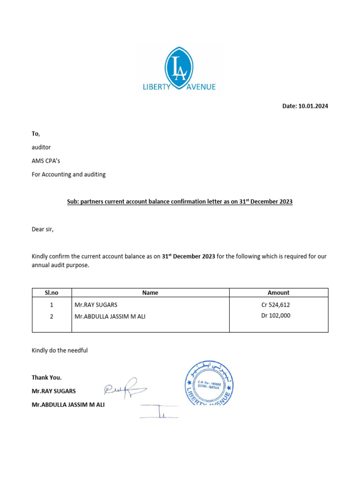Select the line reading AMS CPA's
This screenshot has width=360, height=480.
(45, 161)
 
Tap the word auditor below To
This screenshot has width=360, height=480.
(41, 147)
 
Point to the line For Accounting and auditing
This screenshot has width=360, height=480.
(68, 174)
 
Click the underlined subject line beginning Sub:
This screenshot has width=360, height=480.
(180, 202)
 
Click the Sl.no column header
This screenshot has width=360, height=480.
(52, 292)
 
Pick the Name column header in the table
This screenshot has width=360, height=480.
(150, 292)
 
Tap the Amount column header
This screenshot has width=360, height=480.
(278, 292)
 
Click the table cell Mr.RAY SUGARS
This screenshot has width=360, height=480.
(96, 305)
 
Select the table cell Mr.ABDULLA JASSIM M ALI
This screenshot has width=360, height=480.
(110, 316)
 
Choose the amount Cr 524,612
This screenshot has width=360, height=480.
(278, 305)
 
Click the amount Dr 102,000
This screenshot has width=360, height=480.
(276, 316)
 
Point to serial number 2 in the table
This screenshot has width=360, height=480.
(52, 316)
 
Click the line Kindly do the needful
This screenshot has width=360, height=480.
(60, 350)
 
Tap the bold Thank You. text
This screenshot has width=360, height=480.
(46, 377)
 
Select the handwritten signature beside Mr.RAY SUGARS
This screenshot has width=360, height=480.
(125, 388)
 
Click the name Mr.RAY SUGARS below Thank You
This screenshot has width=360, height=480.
(53, 391)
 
